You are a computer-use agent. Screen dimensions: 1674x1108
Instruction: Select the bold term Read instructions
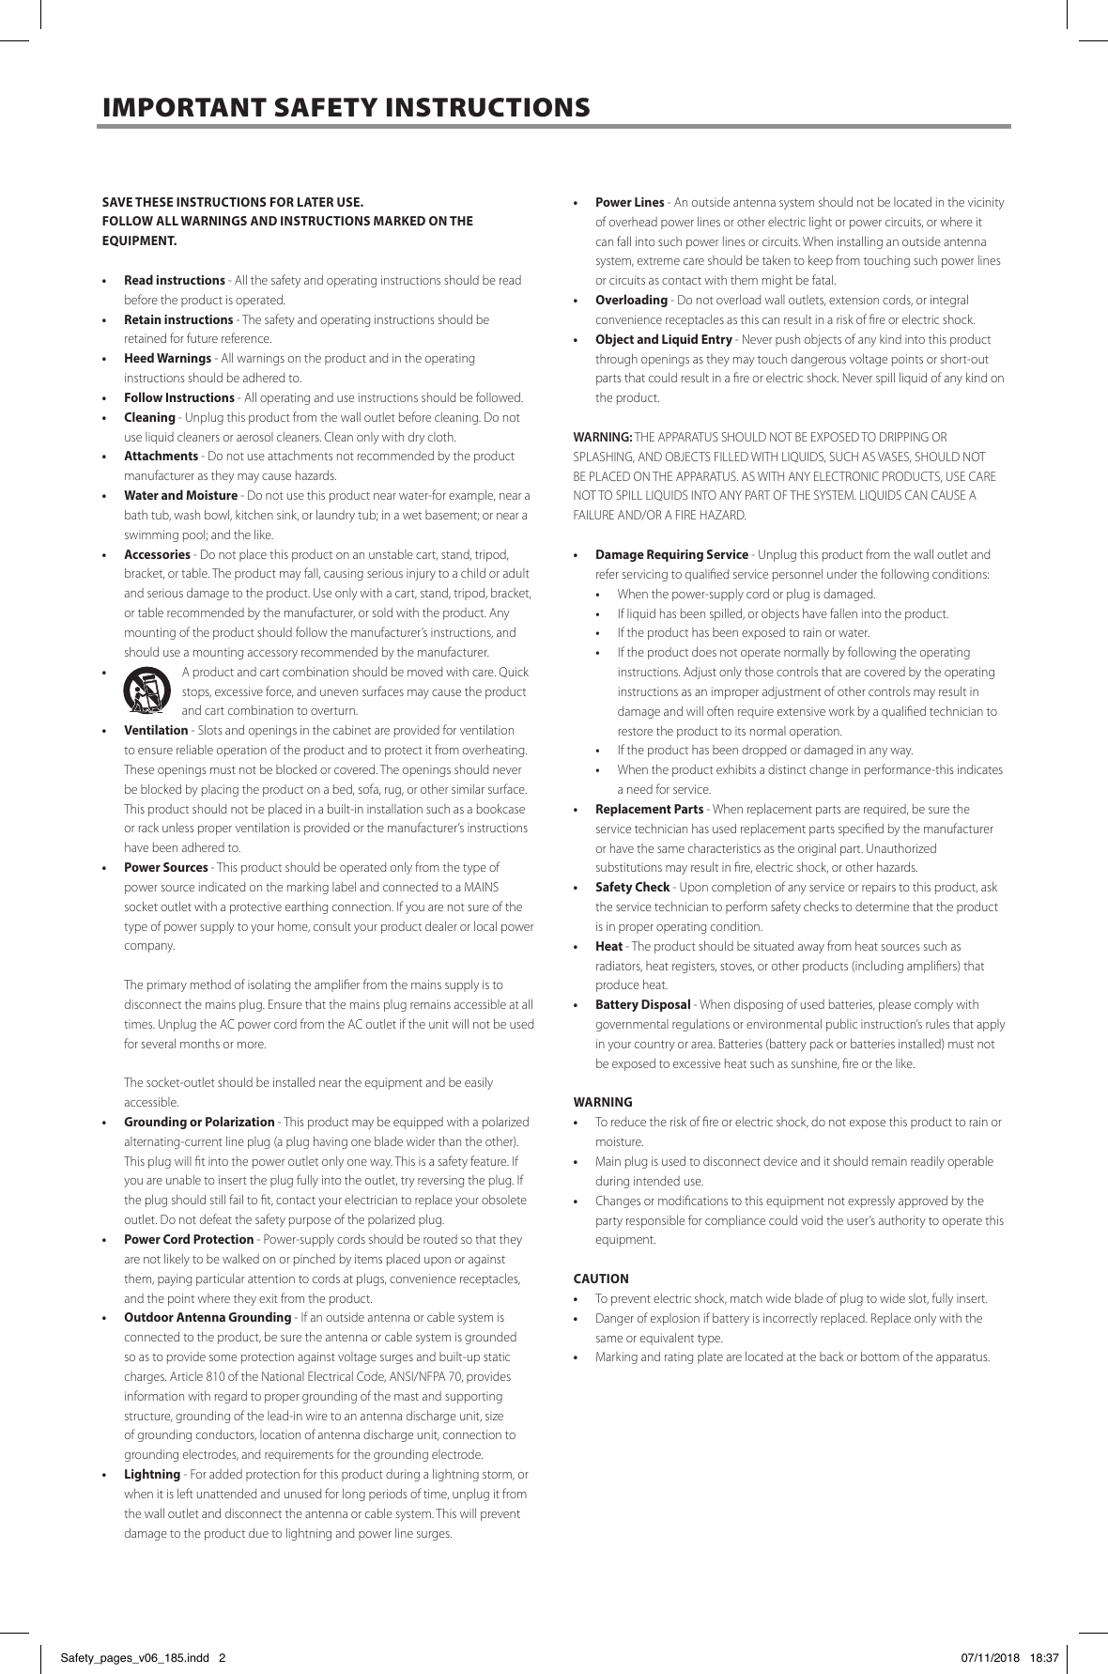174,281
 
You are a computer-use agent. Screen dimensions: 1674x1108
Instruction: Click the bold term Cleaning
149,417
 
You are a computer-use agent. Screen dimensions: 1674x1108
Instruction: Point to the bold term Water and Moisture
180,495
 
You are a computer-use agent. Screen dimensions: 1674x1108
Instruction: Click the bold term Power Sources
165,867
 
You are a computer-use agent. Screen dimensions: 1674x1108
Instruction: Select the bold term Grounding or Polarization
199,1122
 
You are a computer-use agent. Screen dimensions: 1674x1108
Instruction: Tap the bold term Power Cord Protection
189,1239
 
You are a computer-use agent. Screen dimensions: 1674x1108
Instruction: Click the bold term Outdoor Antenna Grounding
208,1317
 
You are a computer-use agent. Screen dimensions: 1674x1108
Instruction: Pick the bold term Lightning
151,1474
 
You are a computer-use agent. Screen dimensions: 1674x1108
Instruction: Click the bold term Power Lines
629,203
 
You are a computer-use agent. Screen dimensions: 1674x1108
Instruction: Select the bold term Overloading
631,301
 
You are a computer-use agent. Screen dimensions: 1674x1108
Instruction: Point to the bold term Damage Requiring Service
671,554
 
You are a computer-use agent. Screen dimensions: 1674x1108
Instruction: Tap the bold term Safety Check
632,887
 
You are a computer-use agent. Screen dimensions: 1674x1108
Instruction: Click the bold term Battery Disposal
642,1004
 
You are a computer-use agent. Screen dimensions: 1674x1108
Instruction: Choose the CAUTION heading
601,1279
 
